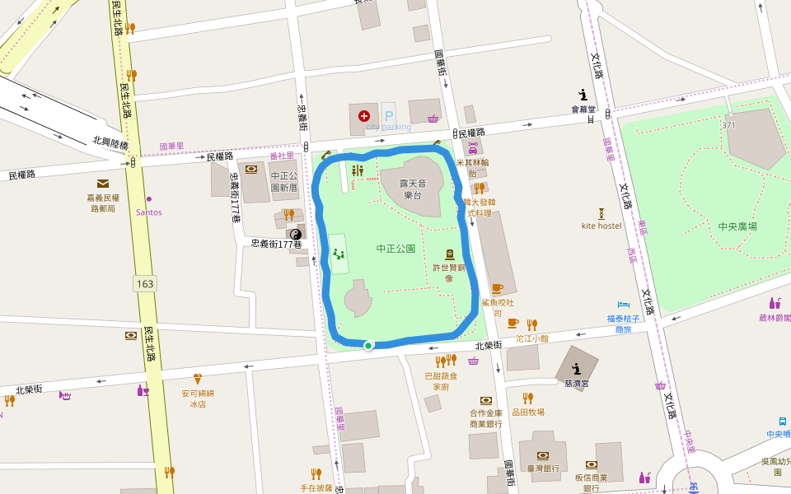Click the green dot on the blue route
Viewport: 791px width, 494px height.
[368, 345]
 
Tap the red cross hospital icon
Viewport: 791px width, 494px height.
[364, 117]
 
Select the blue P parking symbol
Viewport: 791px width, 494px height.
[388, 114]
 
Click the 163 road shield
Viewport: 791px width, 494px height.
[145, 284]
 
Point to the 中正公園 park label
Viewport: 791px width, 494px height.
[395, 248]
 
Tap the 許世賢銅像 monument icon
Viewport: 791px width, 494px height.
[449, 254]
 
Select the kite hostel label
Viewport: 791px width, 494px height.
[601, 226]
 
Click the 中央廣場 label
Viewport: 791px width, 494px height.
[737, 226]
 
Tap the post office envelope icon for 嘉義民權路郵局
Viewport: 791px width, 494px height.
[103, 184]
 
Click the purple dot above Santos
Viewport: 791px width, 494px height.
[149, 198]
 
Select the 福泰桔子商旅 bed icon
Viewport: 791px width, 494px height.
[624, 305]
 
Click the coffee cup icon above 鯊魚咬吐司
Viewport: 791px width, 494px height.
[497, 288]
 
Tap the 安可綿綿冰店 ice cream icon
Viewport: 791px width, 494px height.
[198, 380]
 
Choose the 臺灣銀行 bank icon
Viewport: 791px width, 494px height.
[543, 455]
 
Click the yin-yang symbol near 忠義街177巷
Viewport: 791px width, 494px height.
[294, 234]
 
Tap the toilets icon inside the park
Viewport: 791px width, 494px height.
[357, 170]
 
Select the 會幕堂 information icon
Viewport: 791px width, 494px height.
[583, 95]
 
